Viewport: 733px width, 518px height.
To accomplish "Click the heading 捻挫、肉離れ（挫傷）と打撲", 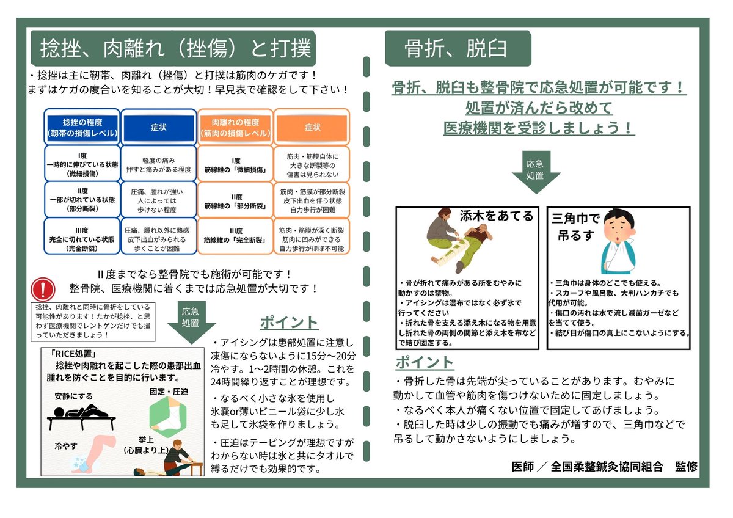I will pyautogui.click(x=175, y=48).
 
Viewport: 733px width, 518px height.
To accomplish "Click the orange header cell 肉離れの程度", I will pyautogui.click(x=235, y=127).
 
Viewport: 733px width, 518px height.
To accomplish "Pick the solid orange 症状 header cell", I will pyautogui.click(x=312, y=127).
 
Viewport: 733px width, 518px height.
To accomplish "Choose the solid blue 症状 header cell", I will pyautogui.click(x=158, y=127).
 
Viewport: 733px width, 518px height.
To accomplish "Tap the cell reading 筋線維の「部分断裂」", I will pyautogui.click(x=235, y=199).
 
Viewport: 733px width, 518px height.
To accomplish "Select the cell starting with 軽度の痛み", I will pyautogui.click(x=158, y=162).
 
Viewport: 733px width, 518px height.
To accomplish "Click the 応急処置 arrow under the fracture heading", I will pyautogui.click(x=535, y=173).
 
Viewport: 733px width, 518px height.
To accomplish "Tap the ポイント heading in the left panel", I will pyautogui.click(x=289, y=323).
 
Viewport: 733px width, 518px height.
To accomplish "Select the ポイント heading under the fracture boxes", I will pyautogui.click(x=425, y=362).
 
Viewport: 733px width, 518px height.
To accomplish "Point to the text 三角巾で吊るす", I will pyautogui.click(x=575, y=226).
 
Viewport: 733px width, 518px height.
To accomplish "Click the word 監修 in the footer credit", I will pyautogui.click(x=685, y=466).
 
